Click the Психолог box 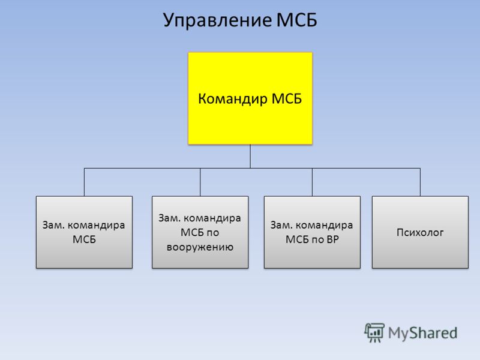coord(420,232)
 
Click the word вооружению coord(200,247)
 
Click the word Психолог coord(420,232)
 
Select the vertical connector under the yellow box coord(250,156)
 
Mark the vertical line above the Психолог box coord(420,182)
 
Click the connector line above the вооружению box coord(200,182)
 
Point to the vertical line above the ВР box coord(312,182)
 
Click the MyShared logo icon coord(374,332)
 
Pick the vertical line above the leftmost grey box coord(84,182)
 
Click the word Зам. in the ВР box coord(280,226)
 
